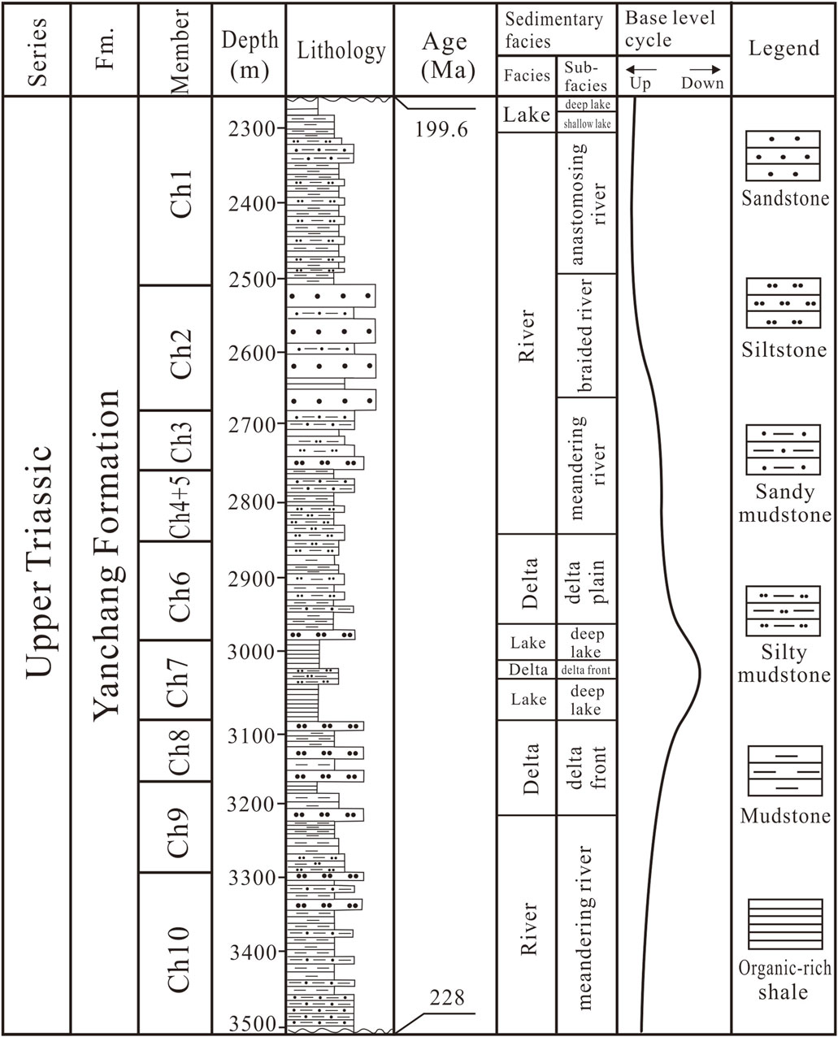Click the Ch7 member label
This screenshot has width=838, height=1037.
click(x=176, y=681)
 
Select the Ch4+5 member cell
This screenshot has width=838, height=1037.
click(x=176, y=506)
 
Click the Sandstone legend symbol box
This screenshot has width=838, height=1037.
click(x=784, y=156)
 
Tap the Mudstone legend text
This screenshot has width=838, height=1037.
click(x=784, y=816)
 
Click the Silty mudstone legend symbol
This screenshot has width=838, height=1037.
click(x=784, y=611)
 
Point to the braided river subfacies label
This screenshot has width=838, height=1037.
click(x=585, y=336)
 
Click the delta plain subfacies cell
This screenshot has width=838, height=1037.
click(x=585, y=579)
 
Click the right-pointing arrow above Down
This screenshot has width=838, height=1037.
click(x=705, y=70)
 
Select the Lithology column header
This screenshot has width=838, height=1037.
click(x=341, y=51)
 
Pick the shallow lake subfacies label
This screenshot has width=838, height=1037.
click(x=585, y=124)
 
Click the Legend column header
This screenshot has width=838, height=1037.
click(x=784, y=49)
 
